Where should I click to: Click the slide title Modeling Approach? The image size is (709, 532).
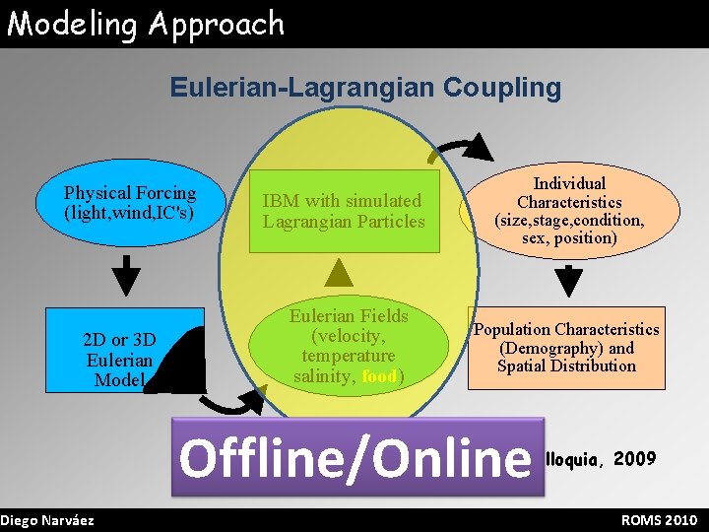tap(146, 24)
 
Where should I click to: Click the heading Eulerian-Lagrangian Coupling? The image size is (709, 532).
tap(365, 88)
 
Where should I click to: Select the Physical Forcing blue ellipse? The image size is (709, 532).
tap(130, 203)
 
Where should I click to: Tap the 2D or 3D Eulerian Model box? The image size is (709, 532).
tap(119, 358)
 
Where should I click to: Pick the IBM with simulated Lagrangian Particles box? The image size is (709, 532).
tap(344, 212)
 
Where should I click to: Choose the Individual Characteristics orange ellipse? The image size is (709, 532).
tap(569, 211)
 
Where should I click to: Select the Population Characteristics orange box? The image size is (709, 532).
tap(566, 348)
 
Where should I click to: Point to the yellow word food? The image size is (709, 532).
tap(379, 375)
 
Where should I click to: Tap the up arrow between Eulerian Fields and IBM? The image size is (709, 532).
tap(338, 271)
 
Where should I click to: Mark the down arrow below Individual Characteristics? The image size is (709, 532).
tap(568, 281)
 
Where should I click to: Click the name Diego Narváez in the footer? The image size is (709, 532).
tap(48, 520)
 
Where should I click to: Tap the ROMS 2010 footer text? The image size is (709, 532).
tap(659, 520)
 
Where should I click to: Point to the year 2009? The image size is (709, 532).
tap(634, 458)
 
